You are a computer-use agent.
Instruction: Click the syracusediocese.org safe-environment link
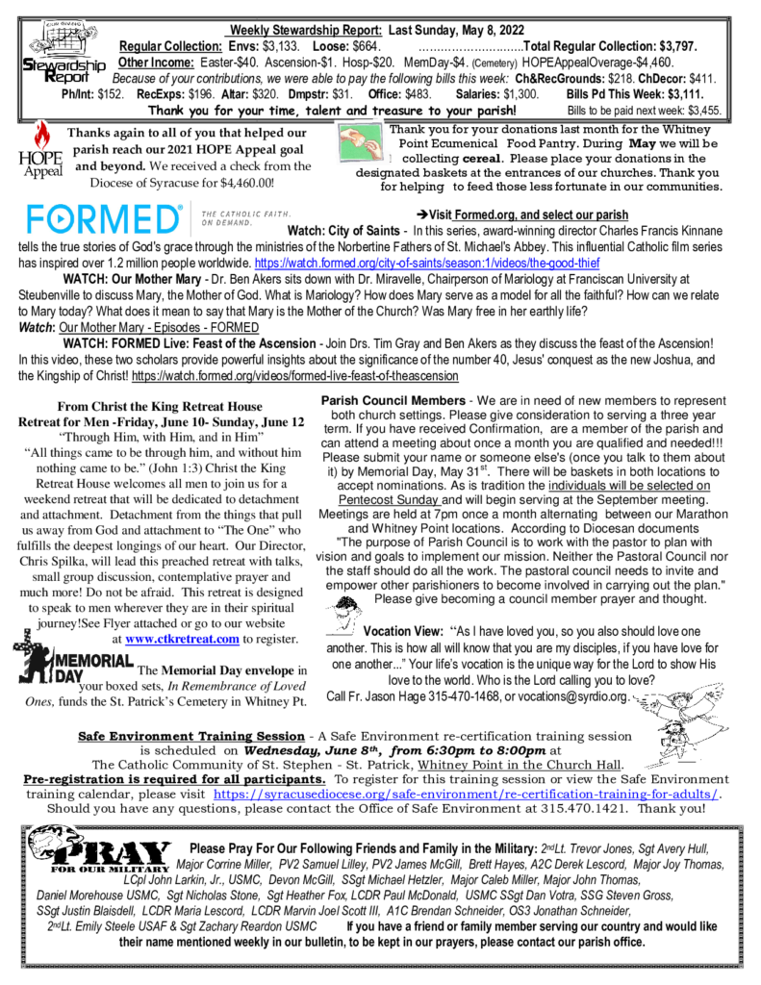pyautogui.click(x=466, y=794)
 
